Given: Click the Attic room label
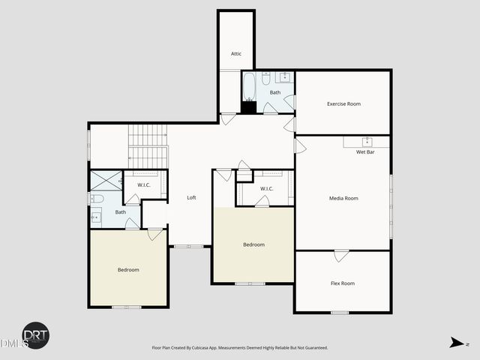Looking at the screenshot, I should coord(235,54).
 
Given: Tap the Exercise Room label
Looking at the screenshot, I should coord(343,103).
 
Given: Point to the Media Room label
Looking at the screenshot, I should coord(343,198).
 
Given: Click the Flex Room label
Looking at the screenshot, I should coord(342,283).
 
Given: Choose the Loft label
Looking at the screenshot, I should coord(191,197).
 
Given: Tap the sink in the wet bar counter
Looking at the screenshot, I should coord(367,141).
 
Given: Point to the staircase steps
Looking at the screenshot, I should coord(148,146).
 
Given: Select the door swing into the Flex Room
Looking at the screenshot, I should coord(341,256).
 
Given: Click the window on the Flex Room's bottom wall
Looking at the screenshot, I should coord(340,312).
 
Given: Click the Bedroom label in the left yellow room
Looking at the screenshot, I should coord(127,270).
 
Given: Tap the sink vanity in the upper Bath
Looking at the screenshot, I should coord(284,77).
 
